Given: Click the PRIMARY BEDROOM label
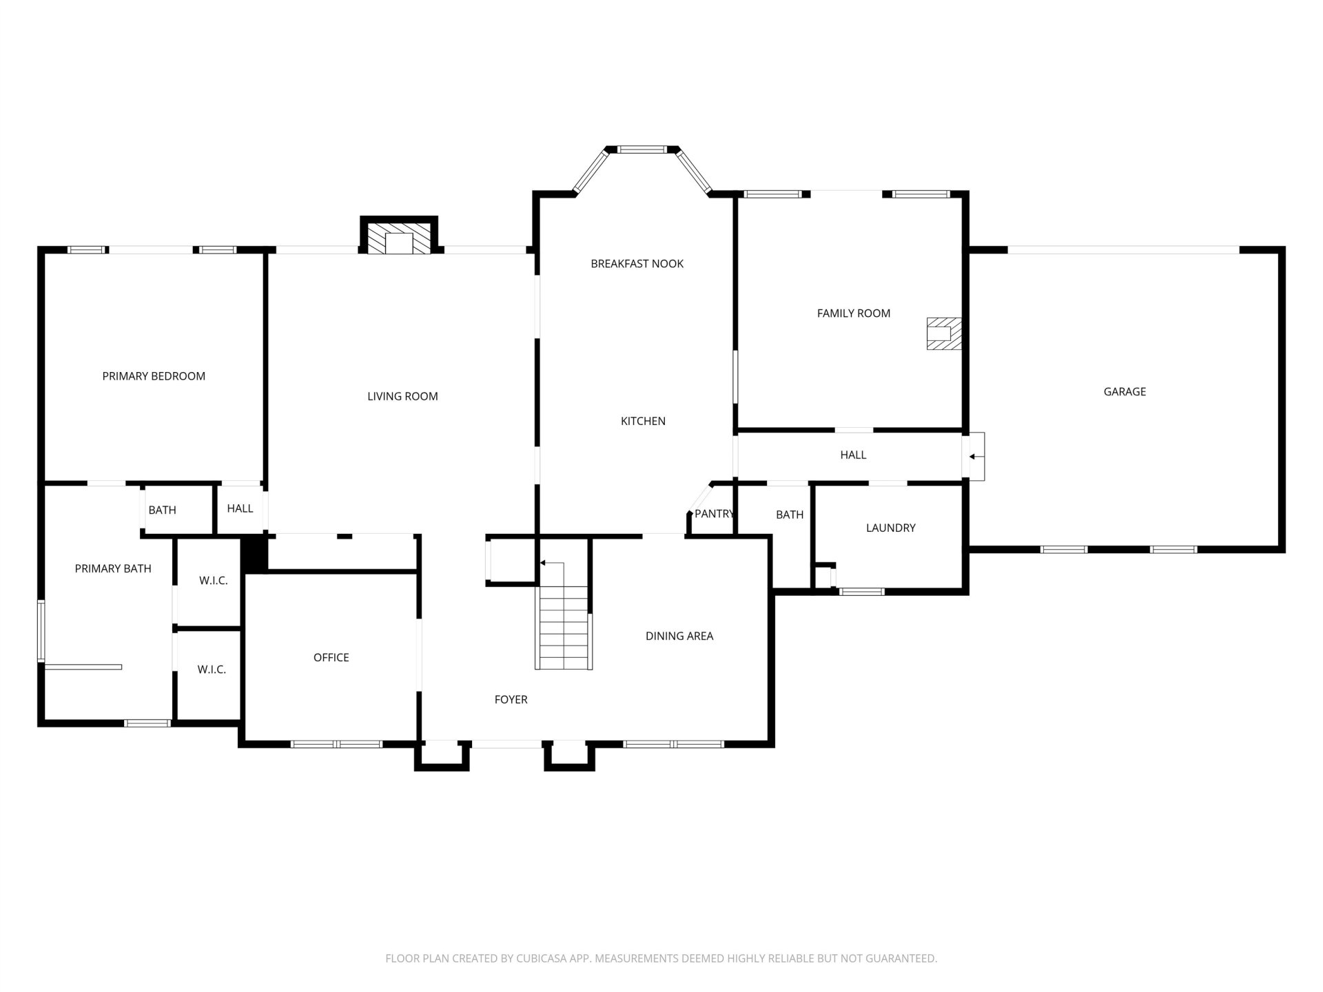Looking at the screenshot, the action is pos(154,376).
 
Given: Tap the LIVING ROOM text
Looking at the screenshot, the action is pos(402,396).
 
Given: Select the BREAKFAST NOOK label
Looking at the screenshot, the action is pos(637,264).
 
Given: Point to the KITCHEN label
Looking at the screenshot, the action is pos(643,421).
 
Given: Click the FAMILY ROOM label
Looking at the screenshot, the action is pos(854,313).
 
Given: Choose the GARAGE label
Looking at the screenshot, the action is pos(1125,392).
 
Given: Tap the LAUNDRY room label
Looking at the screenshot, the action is pos(890,528).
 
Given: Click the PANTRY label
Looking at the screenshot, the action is pos(715,514).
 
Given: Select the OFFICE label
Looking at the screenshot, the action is pos(331,658).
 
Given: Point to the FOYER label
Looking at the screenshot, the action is pos(511,700).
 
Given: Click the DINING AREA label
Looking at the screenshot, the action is pos(679,636).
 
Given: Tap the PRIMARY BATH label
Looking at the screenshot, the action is pos(113,569).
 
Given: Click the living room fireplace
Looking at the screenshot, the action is pos(399,238).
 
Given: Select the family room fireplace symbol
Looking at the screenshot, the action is pos(944,333).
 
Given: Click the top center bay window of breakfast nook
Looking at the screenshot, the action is pos(642,149).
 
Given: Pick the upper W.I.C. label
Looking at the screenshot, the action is pos(213,581).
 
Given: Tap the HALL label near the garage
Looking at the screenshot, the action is pos(853,455).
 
